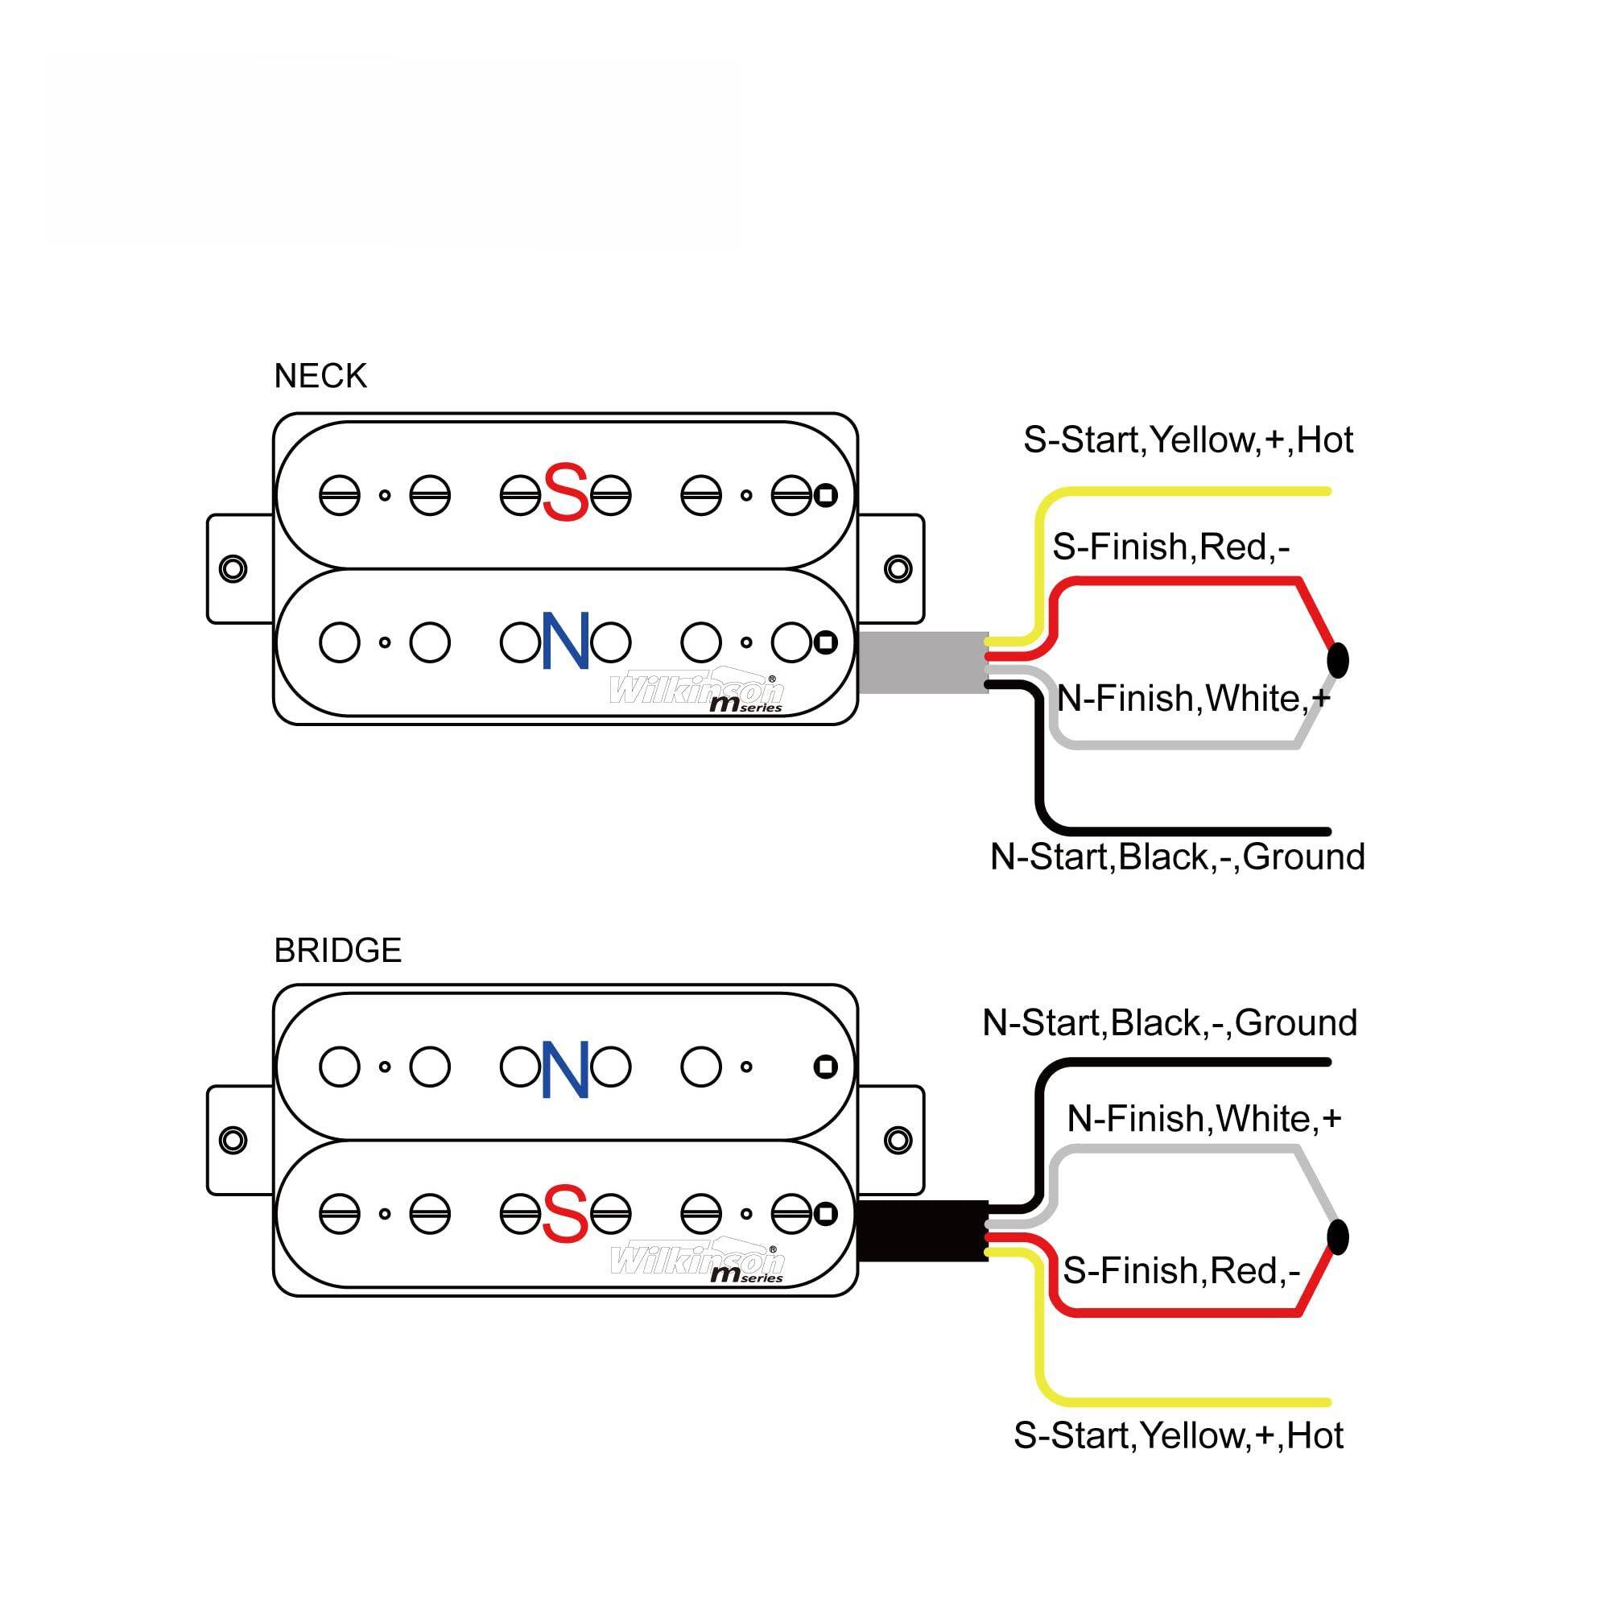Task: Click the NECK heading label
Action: [320, 377]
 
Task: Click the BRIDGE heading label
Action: [337, 951]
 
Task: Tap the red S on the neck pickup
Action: [565, 493]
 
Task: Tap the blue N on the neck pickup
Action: [566, 641]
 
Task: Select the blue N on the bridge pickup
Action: [566, 1069]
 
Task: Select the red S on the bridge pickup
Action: [565, 1213]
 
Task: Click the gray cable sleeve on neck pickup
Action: [922, 663]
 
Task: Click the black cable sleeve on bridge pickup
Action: [922, 1231]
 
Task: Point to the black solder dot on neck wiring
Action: [1337, 661]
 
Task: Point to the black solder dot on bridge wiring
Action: [1337, 1236]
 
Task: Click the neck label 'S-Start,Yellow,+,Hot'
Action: [1187, 440]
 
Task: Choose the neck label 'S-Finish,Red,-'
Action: [1170, 547]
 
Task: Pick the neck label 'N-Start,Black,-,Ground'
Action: [1177, 857]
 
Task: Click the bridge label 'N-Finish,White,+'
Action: [1203, 1119]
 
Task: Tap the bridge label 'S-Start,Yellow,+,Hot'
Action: [1178, 1436]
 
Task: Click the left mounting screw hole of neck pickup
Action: [233, 569]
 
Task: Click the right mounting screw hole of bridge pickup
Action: [898, 1140]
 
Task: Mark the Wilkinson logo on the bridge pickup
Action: [696, 1261]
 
